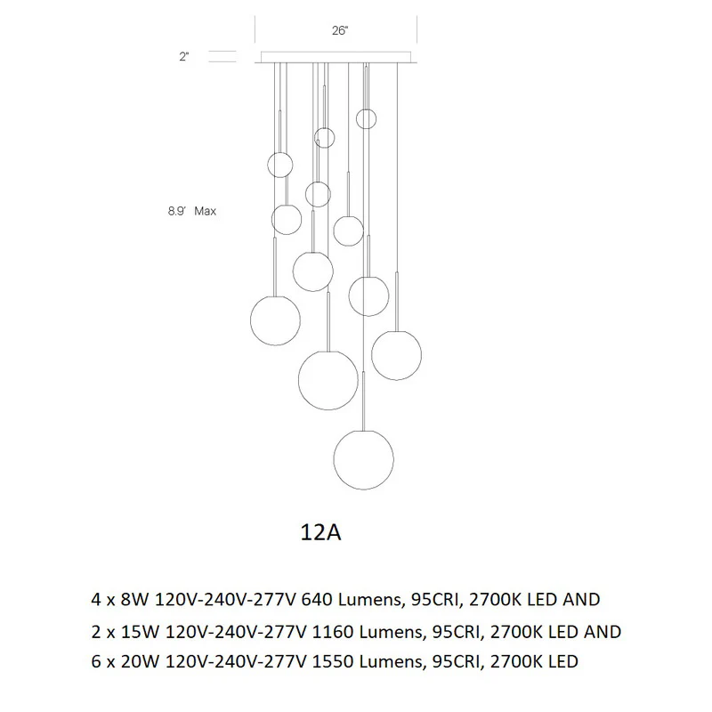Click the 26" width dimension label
pos(340,30)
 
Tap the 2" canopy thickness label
pos(184,57)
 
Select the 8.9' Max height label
pos(192,211)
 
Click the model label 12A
pos(320,532)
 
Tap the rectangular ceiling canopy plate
pos(336,57)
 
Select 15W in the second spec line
pos(140,632)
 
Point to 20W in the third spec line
pos(140,661)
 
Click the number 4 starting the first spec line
pos(96,600)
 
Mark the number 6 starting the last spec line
pos(96,661)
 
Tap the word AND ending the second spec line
pos(603,632)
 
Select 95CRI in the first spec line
pos(437,600)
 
